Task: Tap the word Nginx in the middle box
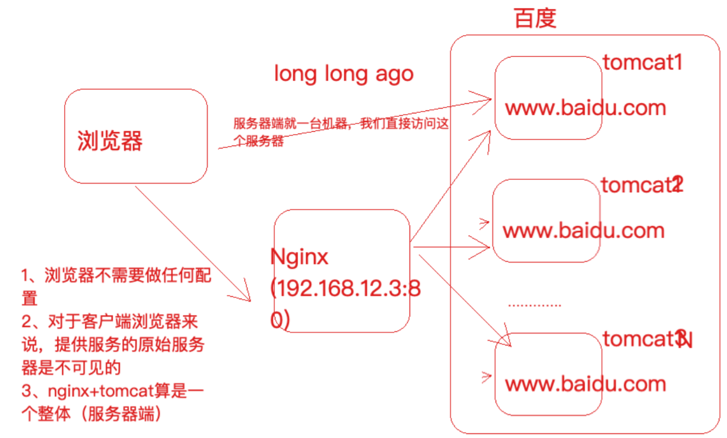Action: tap(299, 257)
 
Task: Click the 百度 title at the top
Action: tap(535, 18)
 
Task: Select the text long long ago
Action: tap(343, 74)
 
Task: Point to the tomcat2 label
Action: tap(642, 185)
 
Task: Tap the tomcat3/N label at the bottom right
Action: tap(647, 339)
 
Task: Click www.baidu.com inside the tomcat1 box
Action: tap(585, 108)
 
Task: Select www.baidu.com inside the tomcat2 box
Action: tap(583, 230)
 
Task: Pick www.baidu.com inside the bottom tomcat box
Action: tap(585, 383)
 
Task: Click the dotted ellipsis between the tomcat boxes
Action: tap(534, 305)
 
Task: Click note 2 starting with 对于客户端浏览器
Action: tap(113, 344)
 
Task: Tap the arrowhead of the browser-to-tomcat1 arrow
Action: tap(484, 98)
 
